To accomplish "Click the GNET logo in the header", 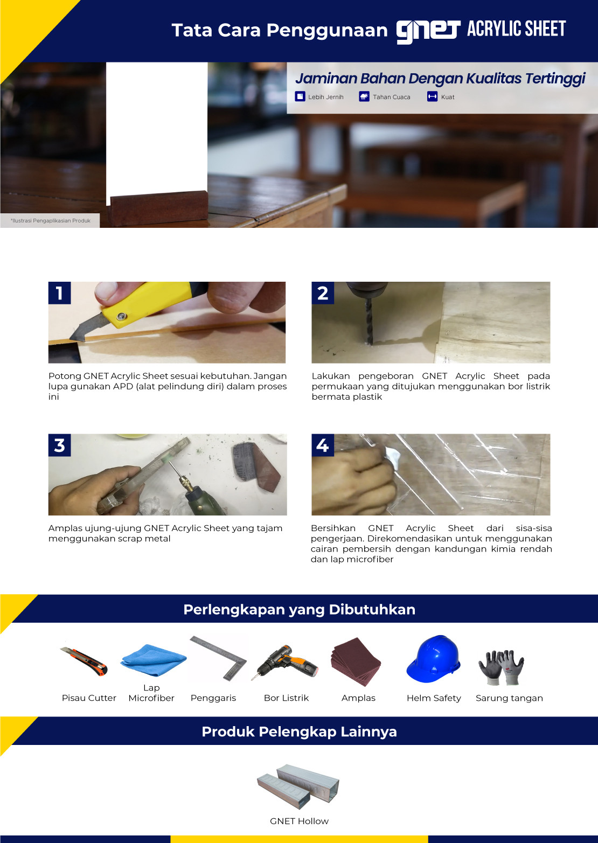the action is pyautogui.click(x=428, y=32).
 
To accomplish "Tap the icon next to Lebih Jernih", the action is pyautogui.click(x=300, y=97).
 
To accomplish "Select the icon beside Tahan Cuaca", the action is pyautogui.click(x=364, y=97).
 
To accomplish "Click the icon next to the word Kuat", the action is pyautogui.click(x=432, y=97).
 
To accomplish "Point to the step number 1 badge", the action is pyautogui.click(x=59, y=293).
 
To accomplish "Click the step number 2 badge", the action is pyautogui.click(x=323, y=293).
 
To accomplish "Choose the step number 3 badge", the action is pyautogui.click(x=59, y=445).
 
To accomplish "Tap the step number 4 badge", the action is pyautogui.click(x=323, y=445).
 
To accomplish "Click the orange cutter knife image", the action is pyautogui.click(x=84, y=661).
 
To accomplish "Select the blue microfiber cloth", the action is pyautogui.click(x=153, y=660).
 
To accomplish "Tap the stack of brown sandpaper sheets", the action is pyautogui.click(x=356, y=661).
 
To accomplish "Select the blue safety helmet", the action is pyautogui.click(x=434, y=659).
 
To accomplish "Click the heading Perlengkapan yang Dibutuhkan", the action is pyautogui.click(x=299, y=610).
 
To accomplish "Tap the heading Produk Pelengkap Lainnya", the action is pyautogui.click(x=299, y=731).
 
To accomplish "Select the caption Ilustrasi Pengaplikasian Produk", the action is pyautogui.click(x=51, y=220).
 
